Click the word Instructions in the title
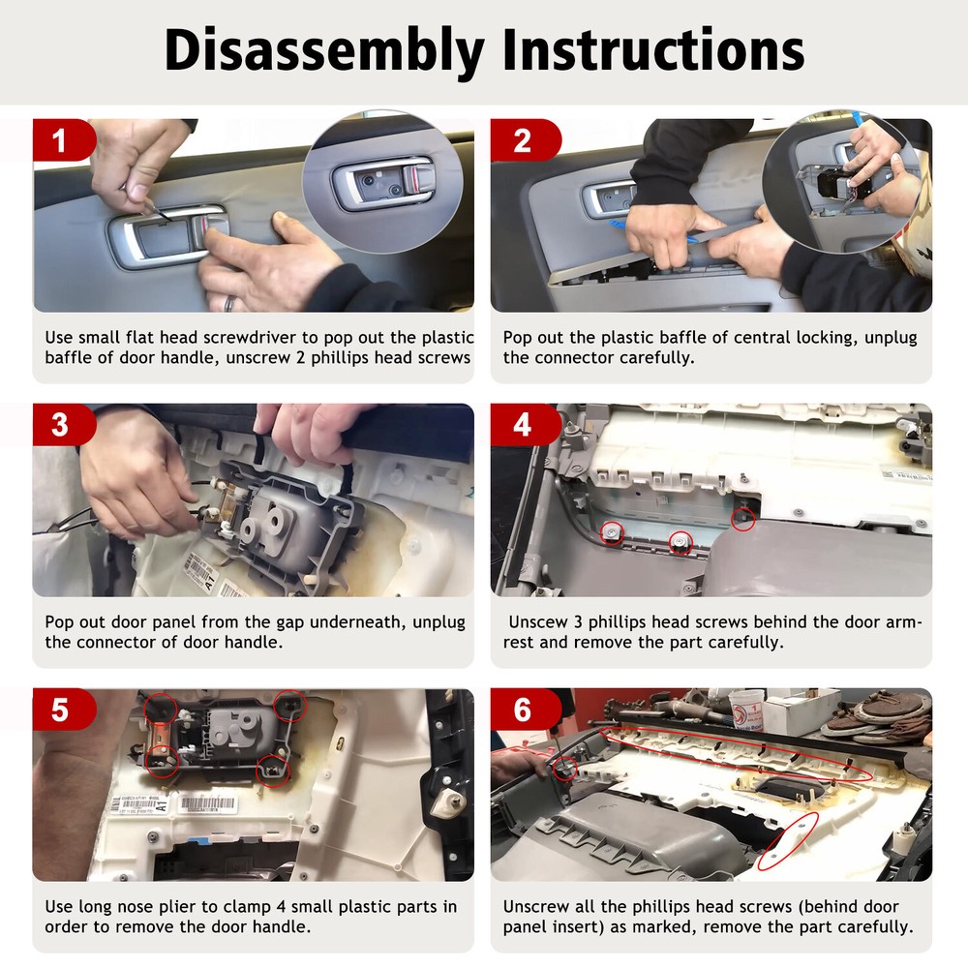tap(653, 49)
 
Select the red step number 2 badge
tap(524, 140)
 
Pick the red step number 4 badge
tap(524, 425)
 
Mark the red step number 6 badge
tap(524, 710)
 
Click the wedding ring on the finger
tap(228, 303)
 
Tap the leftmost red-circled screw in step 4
tap(613, 531)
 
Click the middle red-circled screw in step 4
tap(681, 542)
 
